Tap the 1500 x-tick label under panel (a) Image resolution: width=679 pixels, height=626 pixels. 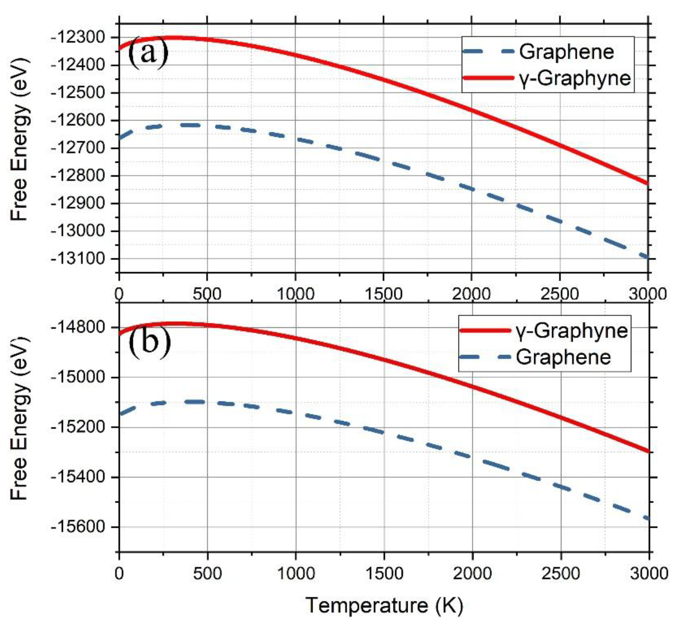(x=384, y=294)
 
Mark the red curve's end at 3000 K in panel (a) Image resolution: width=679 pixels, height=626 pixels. (x=647, y=183)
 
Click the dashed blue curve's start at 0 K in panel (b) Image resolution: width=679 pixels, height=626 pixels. (x=120, y=414)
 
